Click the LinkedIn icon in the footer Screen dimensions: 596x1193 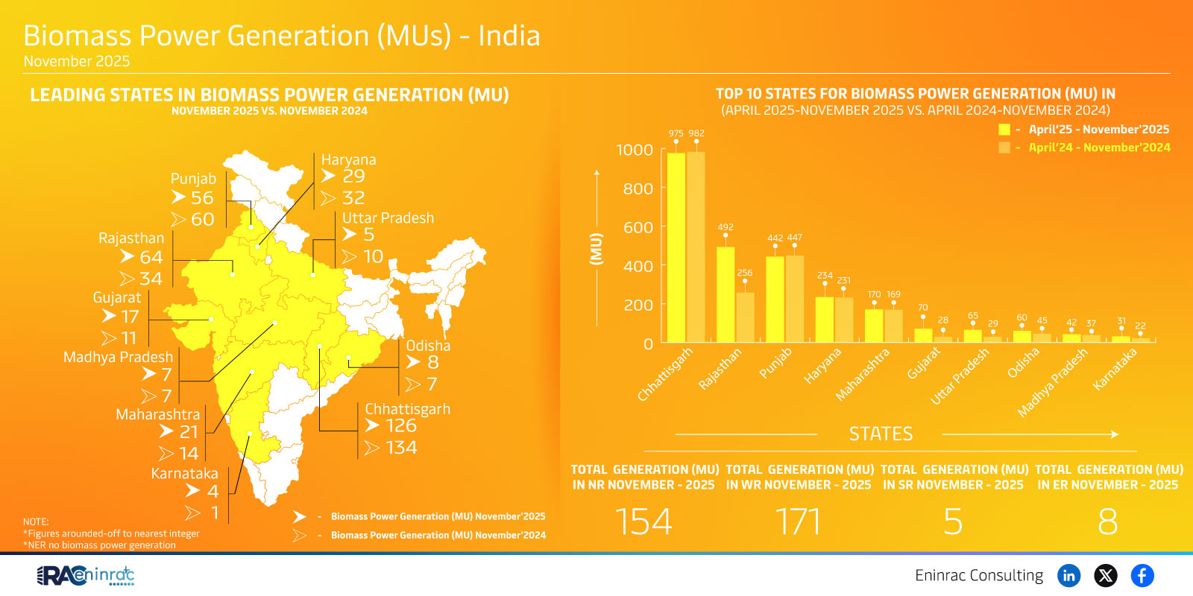tap(1068, 575)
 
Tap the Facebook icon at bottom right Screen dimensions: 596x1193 tap(1142, 575)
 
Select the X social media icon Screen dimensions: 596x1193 tap(1105, 575)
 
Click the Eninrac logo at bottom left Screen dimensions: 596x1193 tap(86, 575)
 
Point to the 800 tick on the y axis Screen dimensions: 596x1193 tap(638, 188)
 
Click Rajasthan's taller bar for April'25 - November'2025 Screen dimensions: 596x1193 tap(725, 294)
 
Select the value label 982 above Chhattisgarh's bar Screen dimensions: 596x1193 tap(696, 133)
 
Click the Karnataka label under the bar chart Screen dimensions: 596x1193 tap(1115, 369)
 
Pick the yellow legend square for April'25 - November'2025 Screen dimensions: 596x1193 tap(1004, 130)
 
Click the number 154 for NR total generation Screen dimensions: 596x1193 tap(643, 521)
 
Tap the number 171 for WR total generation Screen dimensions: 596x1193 tap(798, 521)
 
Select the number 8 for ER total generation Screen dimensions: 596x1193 tap(1107, 521)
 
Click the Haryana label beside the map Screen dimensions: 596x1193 tap(348, 159)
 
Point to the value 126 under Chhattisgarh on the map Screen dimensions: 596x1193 tap(400, 425)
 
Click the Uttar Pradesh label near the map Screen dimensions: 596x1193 tap(388, 218)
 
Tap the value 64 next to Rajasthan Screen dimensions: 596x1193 tap(151, 257)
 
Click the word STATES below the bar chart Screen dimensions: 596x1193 tap(881, 434)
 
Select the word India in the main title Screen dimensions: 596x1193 tap(509, 36)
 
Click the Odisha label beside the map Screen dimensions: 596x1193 tap(428, 346)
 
